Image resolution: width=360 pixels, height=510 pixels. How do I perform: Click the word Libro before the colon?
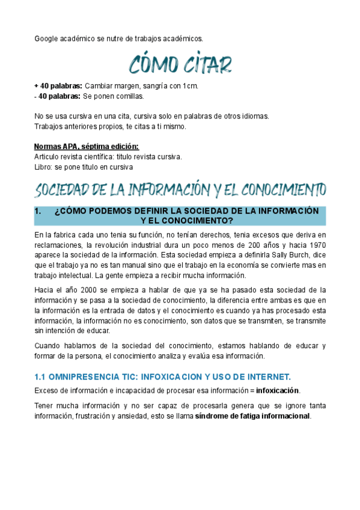[44, 167]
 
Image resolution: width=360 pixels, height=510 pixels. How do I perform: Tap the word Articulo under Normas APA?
[48, 156]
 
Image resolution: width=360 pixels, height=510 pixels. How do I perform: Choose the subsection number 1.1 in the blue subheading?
[41, 377]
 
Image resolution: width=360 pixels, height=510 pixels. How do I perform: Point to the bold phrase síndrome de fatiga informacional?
[253, 416]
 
